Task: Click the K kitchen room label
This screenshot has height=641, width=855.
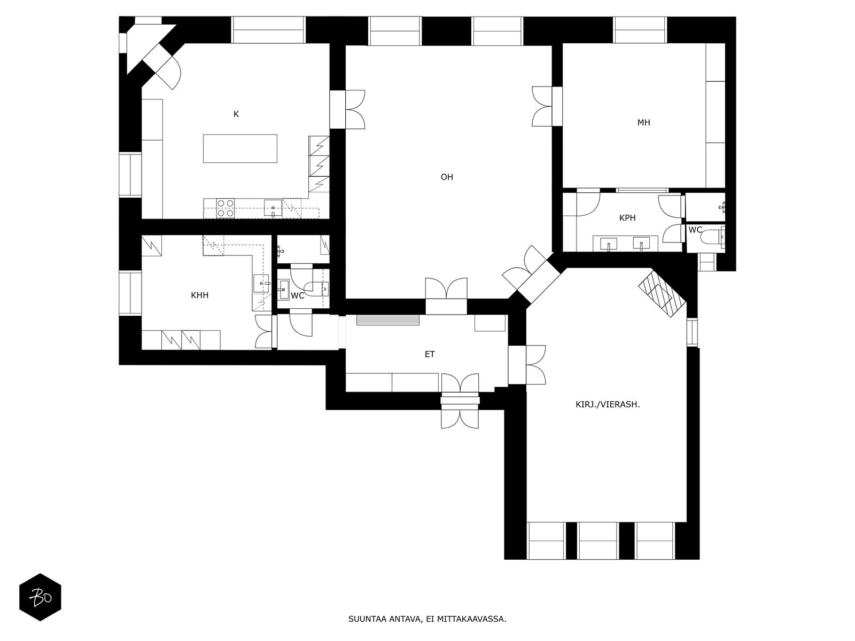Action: (x=236, y=114)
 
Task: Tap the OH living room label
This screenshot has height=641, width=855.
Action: (x=447, y=177)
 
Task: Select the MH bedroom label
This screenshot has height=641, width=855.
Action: (x=643, y=122)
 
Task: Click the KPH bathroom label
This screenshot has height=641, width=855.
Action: (x=627, y=218)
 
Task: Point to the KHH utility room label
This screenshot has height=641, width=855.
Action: (x=200, y=295)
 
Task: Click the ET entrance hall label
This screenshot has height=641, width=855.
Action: (x=430, y=354)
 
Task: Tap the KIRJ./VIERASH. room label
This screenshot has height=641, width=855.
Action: (x=608, y=404)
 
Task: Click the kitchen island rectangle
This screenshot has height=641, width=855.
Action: (x=240, y=148)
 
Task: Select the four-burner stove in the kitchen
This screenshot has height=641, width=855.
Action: (x=226, y=208)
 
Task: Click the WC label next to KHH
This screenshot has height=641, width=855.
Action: (x=298, y=295)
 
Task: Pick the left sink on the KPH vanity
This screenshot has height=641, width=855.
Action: (x=609, y=245)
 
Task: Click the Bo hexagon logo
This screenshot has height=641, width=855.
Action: (x=40, y=597)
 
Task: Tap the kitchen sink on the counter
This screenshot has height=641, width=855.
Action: (x=273, y=208)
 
